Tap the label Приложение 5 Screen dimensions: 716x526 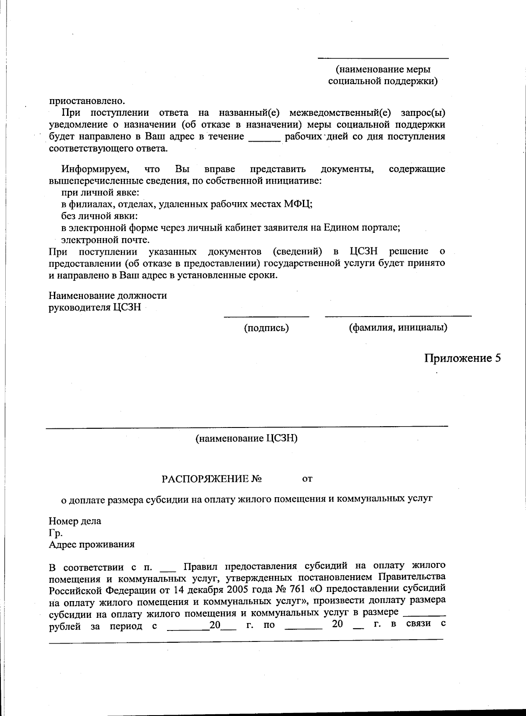(462, 358)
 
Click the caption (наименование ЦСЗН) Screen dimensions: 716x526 (246, 438)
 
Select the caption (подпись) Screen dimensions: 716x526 (266, 328)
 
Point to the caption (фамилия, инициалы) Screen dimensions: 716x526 (398, 328)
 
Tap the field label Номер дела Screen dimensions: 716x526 (75, 521)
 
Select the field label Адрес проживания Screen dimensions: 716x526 (92, 544)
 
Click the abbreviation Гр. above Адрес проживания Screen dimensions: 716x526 (56, 533)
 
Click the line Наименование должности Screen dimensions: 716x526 (107, 295)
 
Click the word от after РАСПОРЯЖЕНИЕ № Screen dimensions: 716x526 (307, 479)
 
